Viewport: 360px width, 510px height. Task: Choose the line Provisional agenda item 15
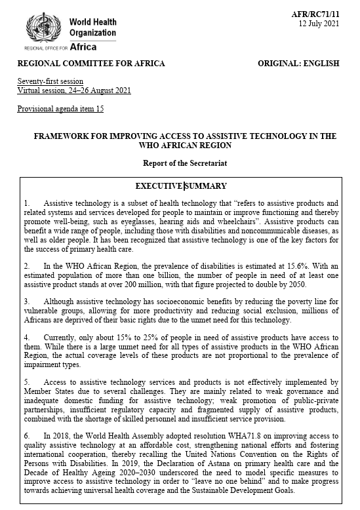pos(60,108)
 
